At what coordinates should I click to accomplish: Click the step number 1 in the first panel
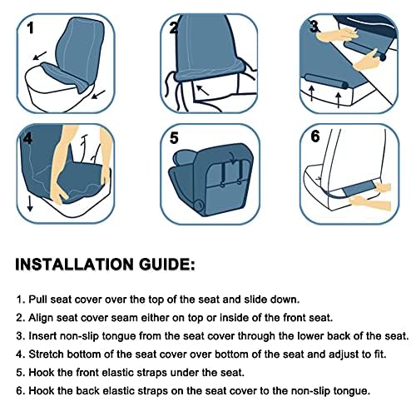pyautogui.click(x=31, y=28)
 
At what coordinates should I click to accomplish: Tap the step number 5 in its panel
pyautogui.click(x=174, y=138)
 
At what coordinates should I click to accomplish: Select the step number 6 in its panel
pyautogui.click(x=315, y=136)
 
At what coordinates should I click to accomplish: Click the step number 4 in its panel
pyautogui.click(x=28, y=138)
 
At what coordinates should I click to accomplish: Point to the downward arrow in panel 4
pyautogui.click(x=30, y=204)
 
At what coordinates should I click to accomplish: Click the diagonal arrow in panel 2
pyautogui.click(x=202, y=91)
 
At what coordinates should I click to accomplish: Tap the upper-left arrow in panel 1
pyautogui.click(x=40, y=56)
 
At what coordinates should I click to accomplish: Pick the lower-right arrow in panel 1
pyautogui.click(x=98, y=94)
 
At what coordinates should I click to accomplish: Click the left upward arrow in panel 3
pyautogui.click(x=312, y=93)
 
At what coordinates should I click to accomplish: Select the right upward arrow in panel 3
pyautogui.click(x=338, y=100)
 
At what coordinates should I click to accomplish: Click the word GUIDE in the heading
pyautogui.click(x=167, y=265)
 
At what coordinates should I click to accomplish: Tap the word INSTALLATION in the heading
pyautogui.click(x=74, y=265)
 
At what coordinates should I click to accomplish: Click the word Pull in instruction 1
pyautogui.click(x=38, y=300)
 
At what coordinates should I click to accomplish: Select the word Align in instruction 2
pyautogui.click(x=41, y=318)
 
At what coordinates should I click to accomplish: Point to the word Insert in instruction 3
pyautogui.click(x=42, y=336)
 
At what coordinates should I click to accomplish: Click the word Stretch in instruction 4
pyautogui.click(x=47, y=354)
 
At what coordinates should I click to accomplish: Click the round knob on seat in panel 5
pyautogui.click(x=199, y=205)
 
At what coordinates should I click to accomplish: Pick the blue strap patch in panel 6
pyautogui.click(x=360, y=190)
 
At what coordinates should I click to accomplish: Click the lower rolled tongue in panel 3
pyautogui.click(x=326, y=82)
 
